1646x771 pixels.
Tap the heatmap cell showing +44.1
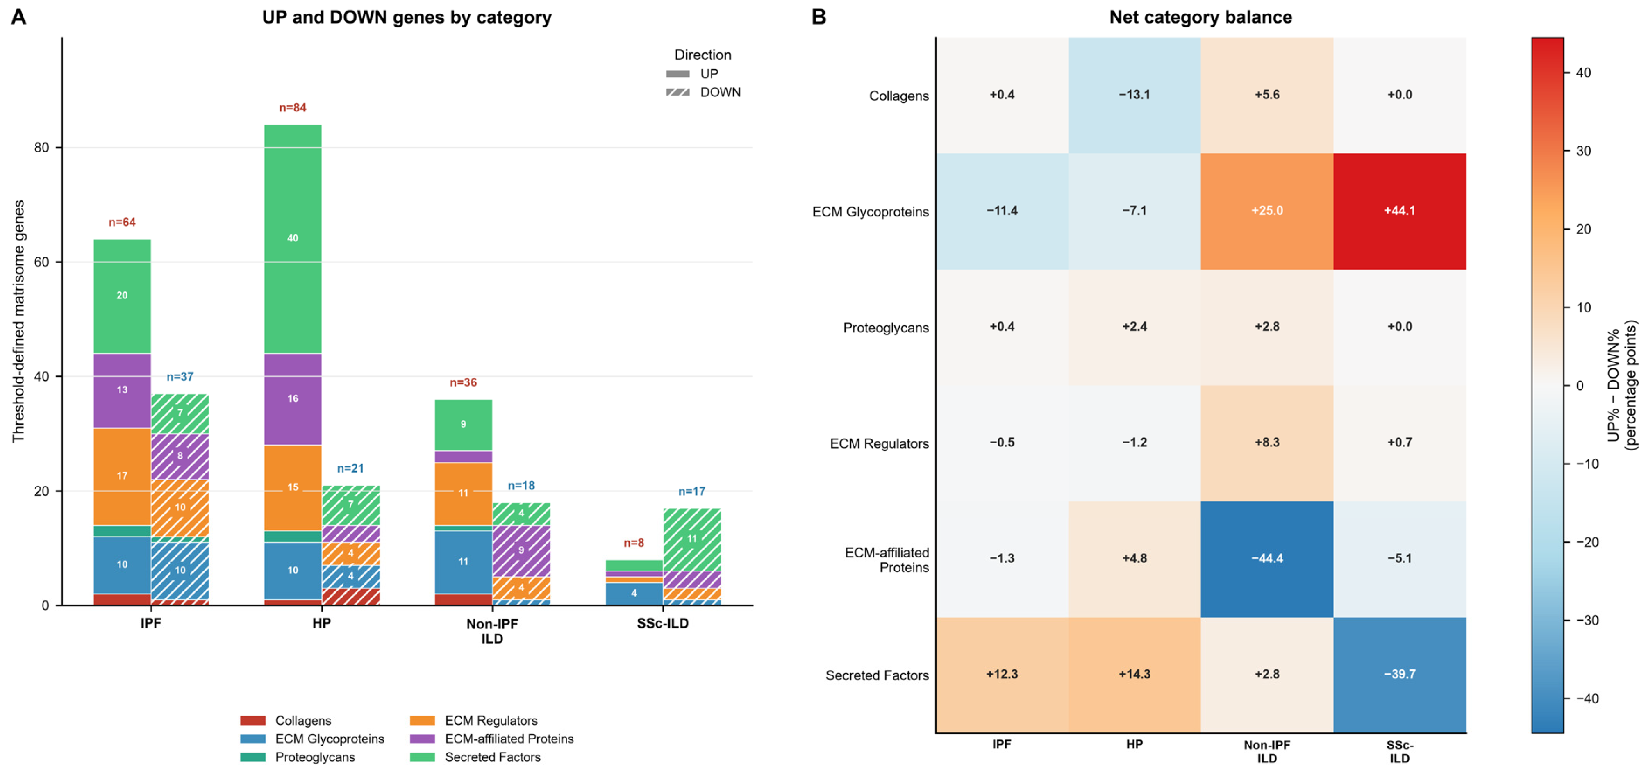(x=1399, y=211)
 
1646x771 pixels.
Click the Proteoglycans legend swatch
(x=252, y=757)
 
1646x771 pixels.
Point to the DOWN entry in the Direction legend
(x=703, y=92)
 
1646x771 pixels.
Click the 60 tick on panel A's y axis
(x=41, y=262)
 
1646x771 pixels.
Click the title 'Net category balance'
(x=1200, y=17)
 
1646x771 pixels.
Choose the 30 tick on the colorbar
(x=1583, y=151)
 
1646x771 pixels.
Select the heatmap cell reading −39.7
(x=1399, y=675)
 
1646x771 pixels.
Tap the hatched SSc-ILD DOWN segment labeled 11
(x=692, y=540)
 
